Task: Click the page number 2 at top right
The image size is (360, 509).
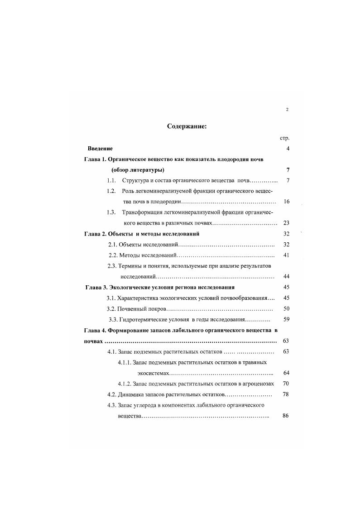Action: (x=287, y=110)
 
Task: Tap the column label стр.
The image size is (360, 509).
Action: (x=285, y=138)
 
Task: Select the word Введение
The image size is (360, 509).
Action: (x=100, y=149)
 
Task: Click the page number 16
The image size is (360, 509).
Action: (x=286, y=202)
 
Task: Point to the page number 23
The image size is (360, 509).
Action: (x=286, y=223)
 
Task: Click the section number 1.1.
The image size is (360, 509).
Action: (x=111, y=181)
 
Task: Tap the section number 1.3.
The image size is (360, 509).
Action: (x=111, y=212)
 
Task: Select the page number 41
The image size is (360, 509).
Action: (x=286, y=255)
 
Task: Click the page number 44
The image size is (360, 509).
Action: (x=286, y=276)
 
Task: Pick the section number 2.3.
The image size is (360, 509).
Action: (x=112, y=266)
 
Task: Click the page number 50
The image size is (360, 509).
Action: (x=286, y=309)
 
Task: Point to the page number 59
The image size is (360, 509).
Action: (x=286, y=320)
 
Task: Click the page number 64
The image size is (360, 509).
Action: (x=286, y=373)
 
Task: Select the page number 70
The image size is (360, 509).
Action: (x=286, y=384)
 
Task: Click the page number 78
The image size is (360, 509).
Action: (x=286, y=394)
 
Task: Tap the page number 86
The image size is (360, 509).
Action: (x=286, y=416)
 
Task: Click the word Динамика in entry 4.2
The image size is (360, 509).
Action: (x=131, y=394)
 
